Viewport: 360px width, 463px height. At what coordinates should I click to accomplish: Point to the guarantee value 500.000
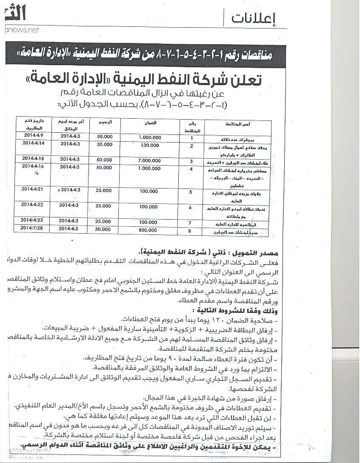(149, 230)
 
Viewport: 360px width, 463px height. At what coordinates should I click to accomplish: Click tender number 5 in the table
(191, 192)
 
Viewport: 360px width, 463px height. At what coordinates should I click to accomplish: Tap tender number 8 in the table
(191, 230)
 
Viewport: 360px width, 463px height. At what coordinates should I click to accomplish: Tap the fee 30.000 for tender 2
(104, 144)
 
